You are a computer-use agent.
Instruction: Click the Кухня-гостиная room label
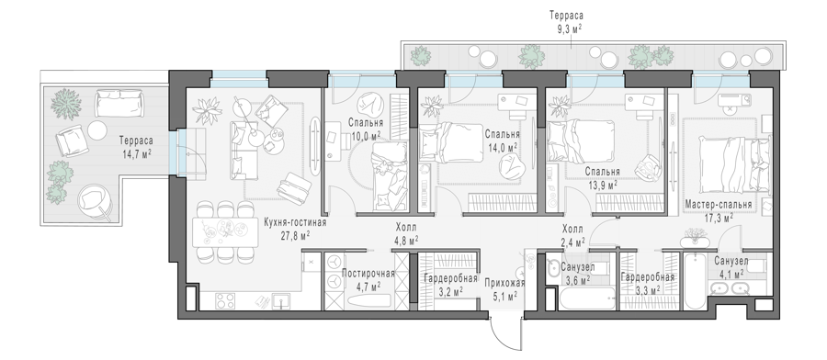click(295, 222)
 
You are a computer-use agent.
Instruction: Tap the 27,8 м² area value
click(295, 235)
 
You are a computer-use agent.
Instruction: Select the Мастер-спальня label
click(718, 205)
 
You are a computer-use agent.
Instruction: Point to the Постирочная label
click(368, 274)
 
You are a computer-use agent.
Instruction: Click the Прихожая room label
click(504, 283)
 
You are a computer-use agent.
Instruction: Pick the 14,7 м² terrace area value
click(136, 153)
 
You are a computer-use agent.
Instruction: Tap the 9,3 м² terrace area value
click(566, 28)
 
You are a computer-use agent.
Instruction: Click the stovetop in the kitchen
click(225, 301)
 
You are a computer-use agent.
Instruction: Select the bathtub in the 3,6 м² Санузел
click(587, 298)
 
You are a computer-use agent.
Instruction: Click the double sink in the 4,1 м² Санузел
click(731, 289)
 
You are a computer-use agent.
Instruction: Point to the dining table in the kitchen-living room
click(226, 232)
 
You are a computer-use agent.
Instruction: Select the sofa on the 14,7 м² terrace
click(119, 102)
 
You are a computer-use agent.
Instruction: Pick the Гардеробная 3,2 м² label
click(450, 284)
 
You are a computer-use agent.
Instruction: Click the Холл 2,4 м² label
click(572, 236)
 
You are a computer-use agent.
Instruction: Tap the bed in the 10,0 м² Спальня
click(391, 176)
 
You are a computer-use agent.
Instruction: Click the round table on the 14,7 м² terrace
click(97, 130)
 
